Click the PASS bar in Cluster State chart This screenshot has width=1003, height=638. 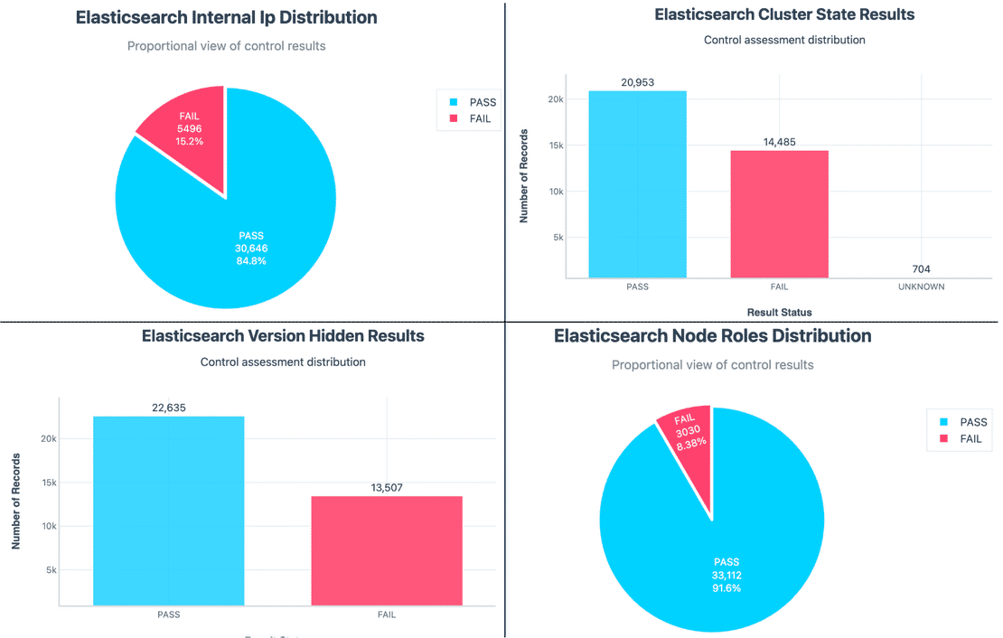pos(637,184)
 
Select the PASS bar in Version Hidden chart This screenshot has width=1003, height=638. pos(168,511)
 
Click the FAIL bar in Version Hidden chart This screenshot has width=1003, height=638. pos(387,550)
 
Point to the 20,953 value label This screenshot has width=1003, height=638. pos(637,82)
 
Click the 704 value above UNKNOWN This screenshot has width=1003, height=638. pos(921,268)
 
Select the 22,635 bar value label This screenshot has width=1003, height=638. pos(168,408)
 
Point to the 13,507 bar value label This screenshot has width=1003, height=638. pos(387,487)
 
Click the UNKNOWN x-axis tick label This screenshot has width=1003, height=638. pos(921,286)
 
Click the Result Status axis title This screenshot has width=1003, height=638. pos(779,312)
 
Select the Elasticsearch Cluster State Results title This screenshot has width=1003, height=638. pos(784,14)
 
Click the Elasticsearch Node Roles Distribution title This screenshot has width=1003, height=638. pos(712,336)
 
